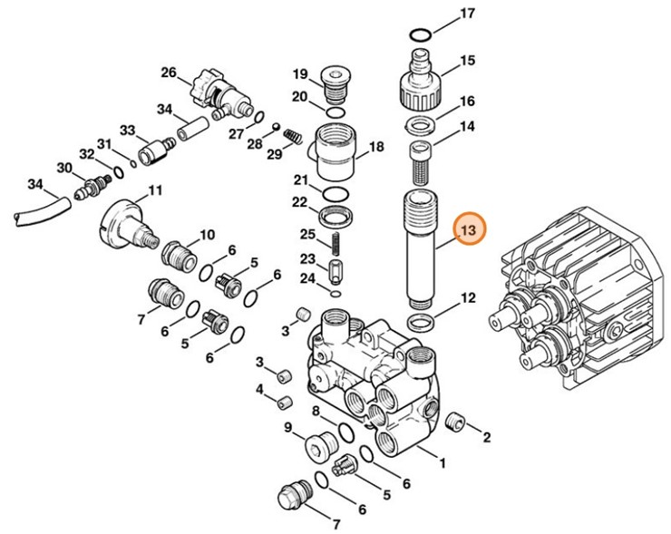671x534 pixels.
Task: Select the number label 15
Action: pyautogui.click(x=467, y=62)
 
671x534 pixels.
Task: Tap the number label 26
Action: pyautogui.click(x=169, y=73)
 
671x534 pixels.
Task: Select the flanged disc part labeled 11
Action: pyautogui.click(x=122, y=222)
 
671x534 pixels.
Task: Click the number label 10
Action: pyautogui.click(x=207, y=235)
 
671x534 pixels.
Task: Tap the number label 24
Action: pyautogui.click(x=308, y=278)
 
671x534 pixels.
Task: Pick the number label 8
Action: pyautogui.click(x=316, y=412)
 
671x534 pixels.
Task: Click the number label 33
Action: pyautogui.click(x=127, y=130)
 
